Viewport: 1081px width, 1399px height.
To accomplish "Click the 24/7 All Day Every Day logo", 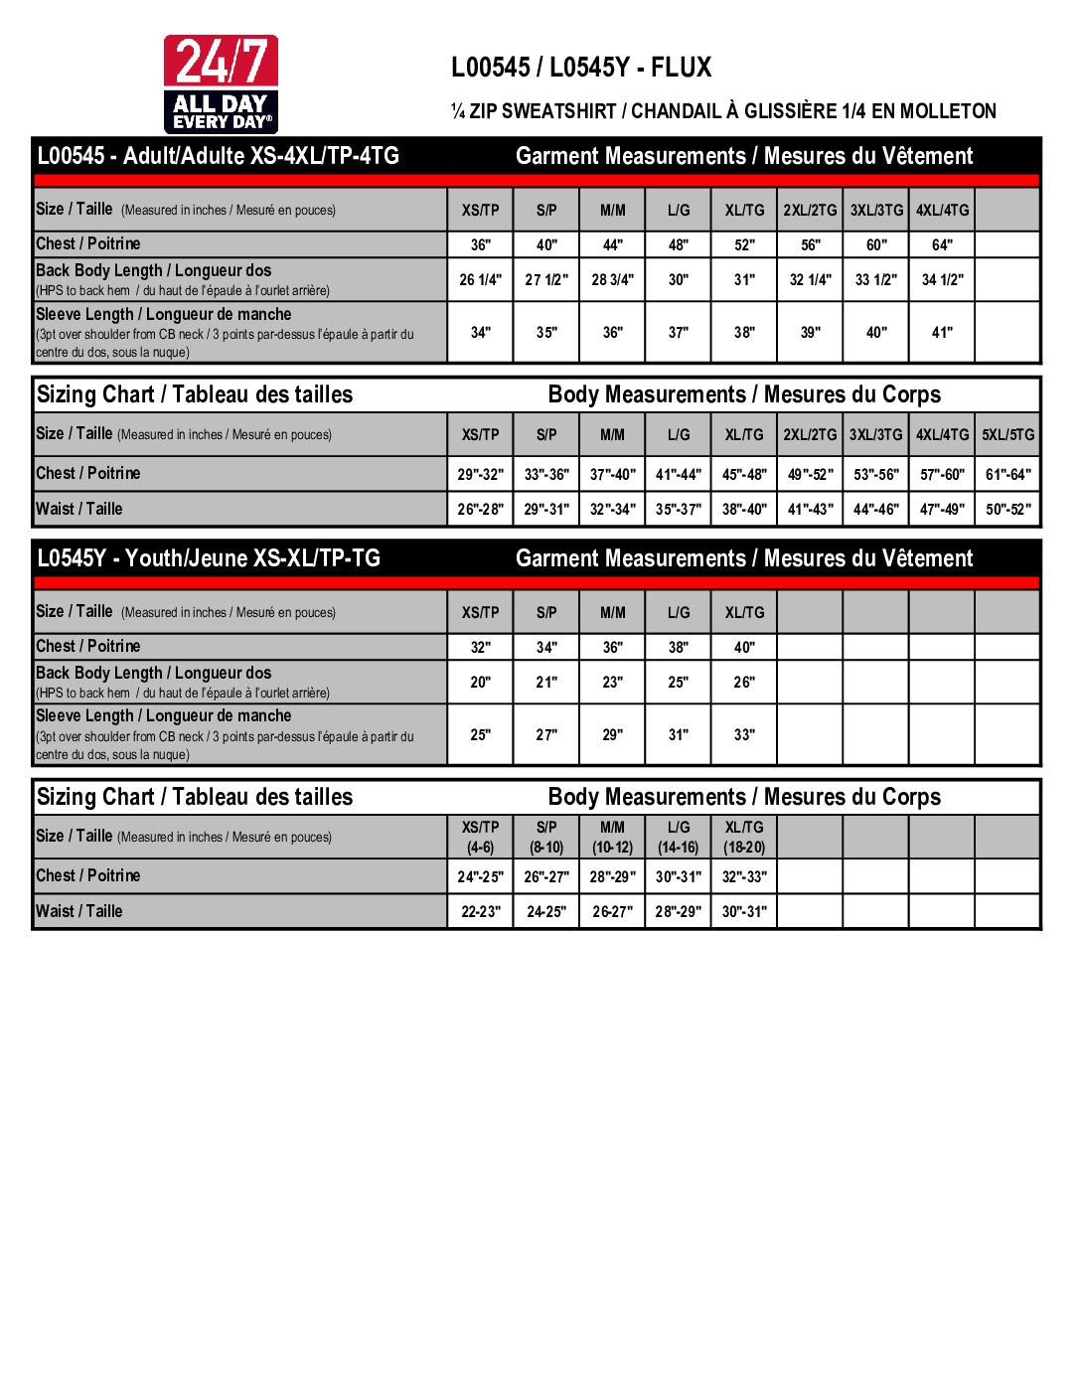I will pyautogui.click(x=221, y=84).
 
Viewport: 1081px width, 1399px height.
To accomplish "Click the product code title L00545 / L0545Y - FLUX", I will pyautogui.click(x=581, y=68).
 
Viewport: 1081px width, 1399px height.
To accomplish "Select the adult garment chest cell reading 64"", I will pyautogui.click(x=942, y=245).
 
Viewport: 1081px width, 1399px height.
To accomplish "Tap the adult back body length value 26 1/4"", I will pyautogui.click(x=480, y=280).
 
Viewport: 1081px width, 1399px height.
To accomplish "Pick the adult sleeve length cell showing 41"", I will pyautogui.click(x=942, y=333).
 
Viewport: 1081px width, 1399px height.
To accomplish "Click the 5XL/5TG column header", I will pyautogui.click(x=1007, y=435).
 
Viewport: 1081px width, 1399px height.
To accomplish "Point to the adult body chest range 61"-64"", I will pyautogui.click(x=1007, y=475).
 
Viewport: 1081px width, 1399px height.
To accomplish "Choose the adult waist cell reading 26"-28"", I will pyautogui.click(x=480, y=510).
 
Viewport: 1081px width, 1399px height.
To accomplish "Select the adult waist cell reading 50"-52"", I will pyautogui.click(x=1007, y=510).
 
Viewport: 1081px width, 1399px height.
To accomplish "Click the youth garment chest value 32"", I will pyautogui.click(x=480, y=648).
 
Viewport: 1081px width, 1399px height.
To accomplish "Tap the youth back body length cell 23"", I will pyautogui.click(x=612, y=683).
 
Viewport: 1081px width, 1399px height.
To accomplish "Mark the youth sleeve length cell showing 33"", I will pyautogui.click(x=744, y=735).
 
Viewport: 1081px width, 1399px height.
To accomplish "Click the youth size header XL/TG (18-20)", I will pyautogui.click(x=744, y=838).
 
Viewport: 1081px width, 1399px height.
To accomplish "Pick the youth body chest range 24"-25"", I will pyautogui.click(x=480, y=877).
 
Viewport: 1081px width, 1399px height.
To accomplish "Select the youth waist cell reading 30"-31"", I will pyautogui.click(x=744, y=912).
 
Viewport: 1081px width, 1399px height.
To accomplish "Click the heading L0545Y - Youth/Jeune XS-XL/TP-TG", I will pyautogui.click(x=209, y=558).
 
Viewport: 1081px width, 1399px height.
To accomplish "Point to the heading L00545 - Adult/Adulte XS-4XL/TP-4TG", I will pyautogui.click(x=219, y=156).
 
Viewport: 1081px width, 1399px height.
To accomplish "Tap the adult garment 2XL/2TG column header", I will pyautogui.click(x=810, y=211).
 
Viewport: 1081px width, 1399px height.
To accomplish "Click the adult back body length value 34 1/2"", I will pyautogui.click(x=942, y=280).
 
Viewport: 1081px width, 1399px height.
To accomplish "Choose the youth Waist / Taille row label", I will pyautogui.click(x=79, y=911).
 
